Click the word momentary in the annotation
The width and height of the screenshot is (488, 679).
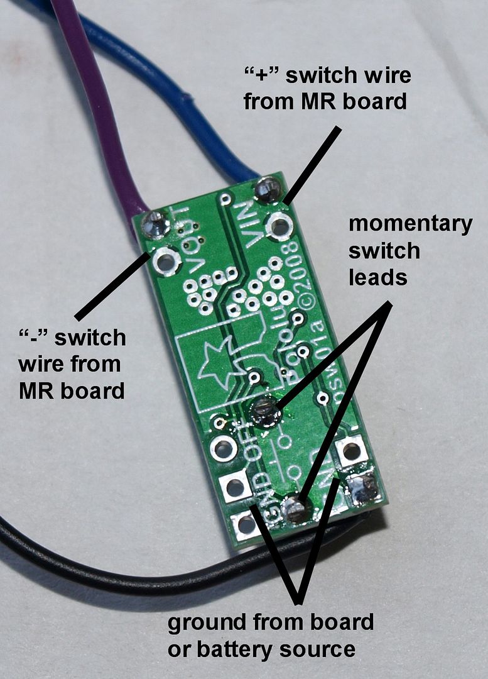point(410,224)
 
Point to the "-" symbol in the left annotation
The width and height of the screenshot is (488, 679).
point(31,338)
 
